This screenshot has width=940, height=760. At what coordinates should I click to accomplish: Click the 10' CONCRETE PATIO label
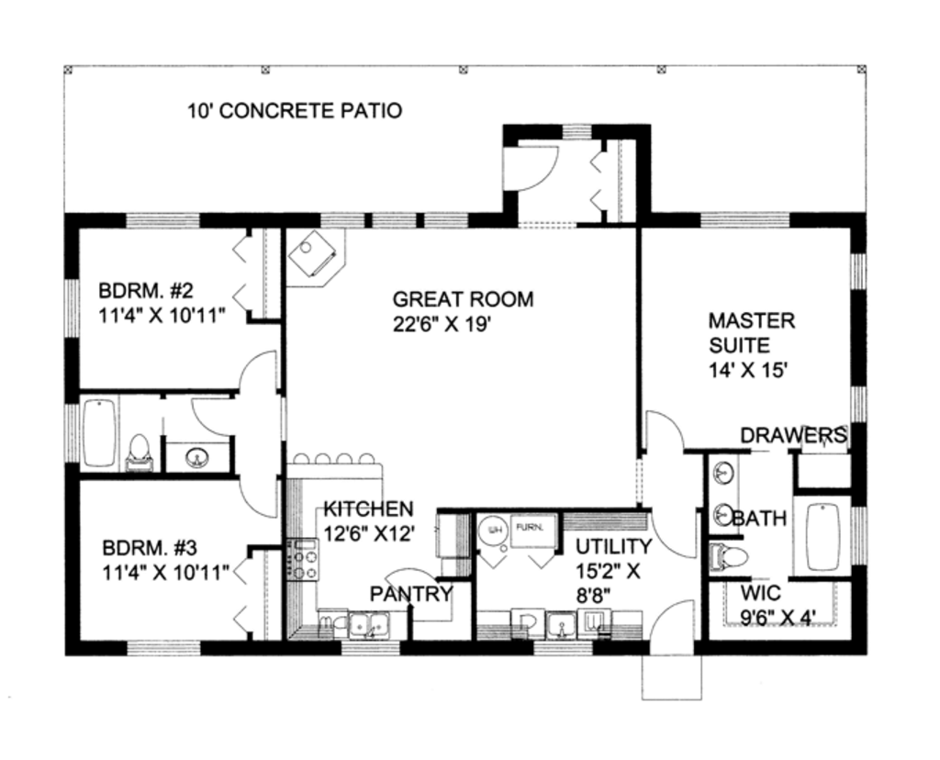point(295,112)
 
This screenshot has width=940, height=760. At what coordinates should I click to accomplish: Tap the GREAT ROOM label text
point(463,299)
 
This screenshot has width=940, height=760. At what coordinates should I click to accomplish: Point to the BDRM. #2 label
point(146,292)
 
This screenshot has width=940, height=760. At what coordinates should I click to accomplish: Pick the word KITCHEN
point(367,509)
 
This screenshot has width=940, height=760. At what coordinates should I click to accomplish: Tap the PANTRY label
point(411,594)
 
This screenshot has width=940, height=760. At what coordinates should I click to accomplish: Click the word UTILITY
point(613,547)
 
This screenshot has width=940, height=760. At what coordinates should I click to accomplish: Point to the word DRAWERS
point(793,434)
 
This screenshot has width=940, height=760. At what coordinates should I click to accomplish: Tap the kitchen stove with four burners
point(303,560)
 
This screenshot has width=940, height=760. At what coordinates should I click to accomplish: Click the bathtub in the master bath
point(822,536)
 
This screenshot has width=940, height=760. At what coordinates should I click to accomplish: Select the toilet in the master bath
point(730,555)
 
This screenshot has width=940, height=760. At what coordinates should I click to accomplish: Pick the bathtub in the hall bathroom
point(99,432)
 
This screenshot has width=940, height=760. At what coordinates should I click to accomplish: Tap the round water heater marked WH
point(493,531)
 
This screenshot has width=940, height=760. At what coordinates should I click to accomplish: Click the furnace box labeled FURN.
point(532,530)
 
